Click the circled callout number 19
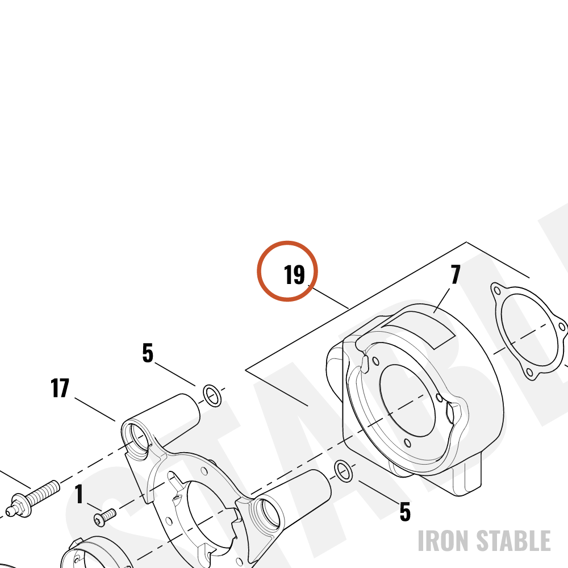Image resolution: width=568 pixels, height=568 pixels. click(x=294, y=274)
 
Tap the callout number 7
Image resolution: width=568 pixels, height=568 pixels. click(x=456, y=274)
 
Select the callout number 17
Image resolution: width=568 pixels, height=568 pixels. click(x=60, y=388)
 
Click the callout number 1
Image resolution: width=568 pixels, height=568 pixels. click(x=80, y=494)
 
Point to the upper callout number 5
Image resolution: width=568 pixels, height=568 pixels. click(x=148, y=353)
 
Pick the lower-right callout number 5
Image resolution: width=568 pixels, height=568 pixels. click(x=405, y=512)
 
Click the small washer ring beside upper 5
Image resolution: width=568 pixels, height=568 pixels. click(x=212, y=396)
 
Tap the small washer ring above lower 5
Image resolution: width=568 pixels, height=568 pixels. click(x=343, y=471)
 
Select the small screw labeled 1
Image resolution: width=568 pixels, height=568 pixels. click(x=105, y=516)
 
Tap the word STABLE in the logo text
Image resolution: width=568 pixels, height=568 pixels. click(x=513, y=541)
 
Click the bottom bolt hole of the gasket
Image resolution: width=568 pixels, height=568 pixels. click(x=529, y=373)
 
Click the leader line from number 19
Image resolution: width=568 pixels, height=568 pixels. click(x=328, y=296)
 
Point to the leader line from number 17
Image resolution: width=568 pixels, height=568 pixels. click(x=95, y=410)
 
